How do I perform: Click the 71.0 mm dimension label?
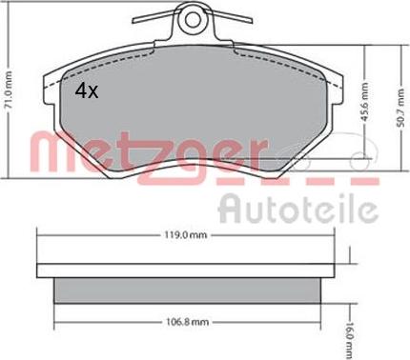coord(10,90)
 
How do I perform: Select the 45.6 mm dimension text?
coord(365,102)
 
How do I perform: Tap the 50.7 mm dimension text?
coord(401,108)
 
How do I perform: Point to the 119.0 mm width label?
coord(186,235)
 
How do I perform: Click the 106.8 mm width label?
coord(188,322)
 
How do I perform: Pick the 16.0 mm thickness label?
coord(349,341)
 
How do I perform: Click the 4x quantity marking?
coord(87,91)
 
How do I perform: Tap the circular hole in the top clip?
coord(193,21)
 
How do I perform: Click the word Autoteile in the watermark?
coord(298,208)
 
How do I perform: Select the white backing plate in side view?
coord(186,270)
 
